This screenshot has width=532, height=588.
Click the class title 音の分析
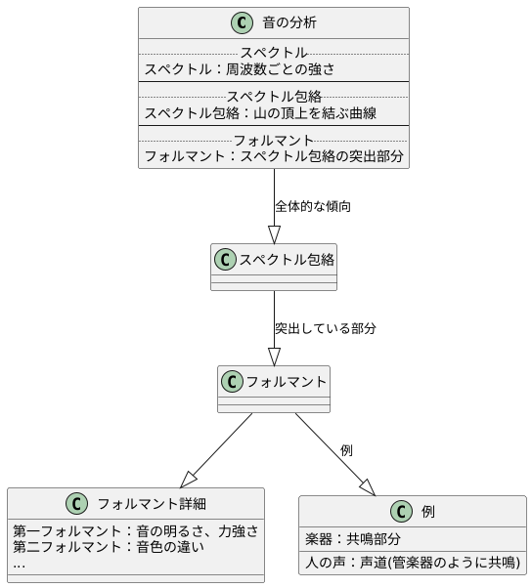(x=288, y=22)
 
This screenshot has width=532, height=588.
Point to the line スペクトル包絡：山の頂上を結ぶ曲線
(x=260, y=112)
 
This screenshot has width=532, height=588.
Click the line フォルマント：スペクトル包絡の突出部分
(x=274, y=156)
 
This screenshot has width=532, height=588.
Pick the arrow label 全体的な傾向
(x=313, y=206)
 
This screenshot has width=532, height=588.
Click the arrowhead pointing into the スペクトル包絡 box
(x=274, y=234)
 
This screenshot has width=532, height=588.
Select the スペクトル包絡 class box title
(x=287, y=260)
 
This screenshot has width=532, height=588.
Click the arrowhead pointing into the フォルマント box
(x=274, y=357)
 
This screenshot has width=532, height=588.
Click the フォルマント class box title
(x=286, y=381)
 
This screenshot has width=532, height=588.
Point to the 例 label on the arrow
(x=346, y=450)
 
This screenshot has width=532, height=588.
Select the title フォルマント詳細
(x=151, y=504)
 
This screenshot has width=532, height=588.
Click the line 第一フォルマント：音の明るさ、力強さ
(x=136, y=531)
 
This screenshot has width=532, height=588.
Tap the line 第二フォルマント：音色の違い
(x=109, y=547)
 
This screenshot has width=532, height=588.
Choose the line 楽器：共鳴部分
(x=353, y=538)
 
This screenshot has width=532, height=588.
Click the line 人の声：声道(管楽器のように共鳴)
(x=412, y=564)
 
